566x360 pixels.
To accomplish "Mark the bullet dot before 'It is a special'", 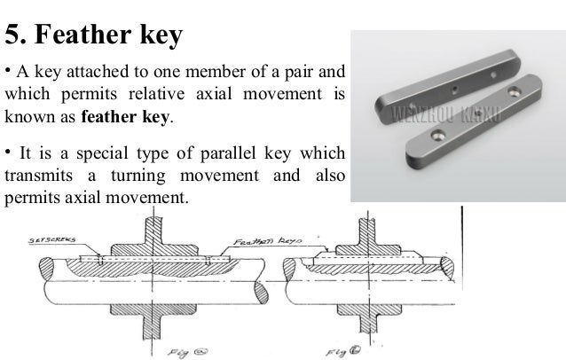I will click(7, 152).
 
